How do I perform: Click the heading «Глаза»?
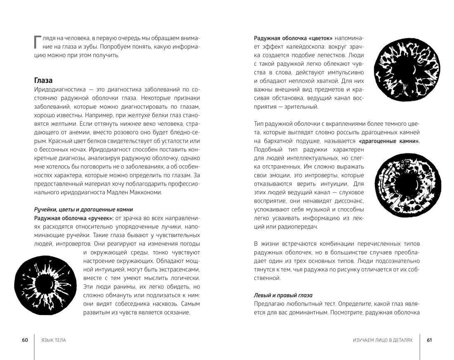43,80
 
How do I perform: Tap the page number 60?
25,340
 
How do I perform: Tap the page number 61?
429,340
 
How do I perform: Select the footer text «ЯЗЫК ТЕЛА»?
54,340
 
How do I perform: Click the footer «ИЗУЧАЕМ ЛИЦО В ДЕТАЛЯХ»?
383,340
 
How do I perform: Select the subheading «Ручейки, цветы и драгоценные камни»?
83,209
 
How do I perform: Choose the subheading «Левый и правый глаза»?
283,295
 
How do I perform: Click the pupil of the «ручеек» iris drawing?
43,285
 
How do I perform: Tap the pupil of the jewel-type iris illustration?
398,184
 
